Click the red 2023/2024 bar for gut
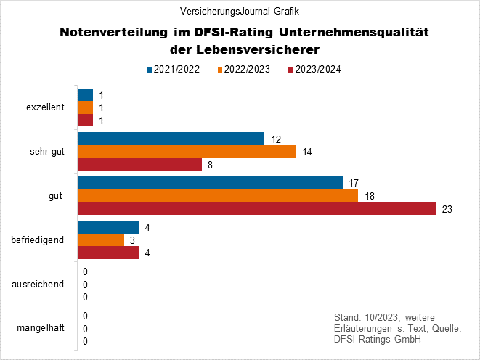point(256,208)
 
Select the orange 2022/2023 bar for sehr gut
point(186,152)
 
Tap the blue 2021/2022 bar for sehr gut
point(171,139)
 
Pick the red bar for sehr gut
point(139,165)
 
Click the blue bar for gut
point(210,183)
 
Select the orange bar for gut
point(217,196)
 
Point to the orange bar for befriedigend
point(101,240)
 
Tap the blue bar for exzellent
point(85,95)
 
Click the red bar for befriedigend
point(108,253)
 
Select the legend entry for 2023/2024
point(316,70)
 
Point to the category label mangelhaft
point(41,328)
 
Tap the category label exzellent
point(44,107)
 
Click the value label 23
point(447,209)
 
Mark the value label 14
point(308,152)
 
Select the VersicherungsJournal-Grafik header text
point(240,12)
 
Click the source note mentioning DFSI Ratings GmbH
point(396,329)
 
